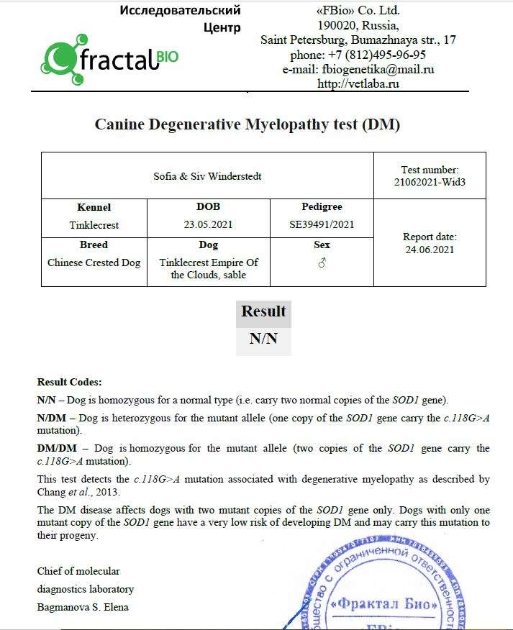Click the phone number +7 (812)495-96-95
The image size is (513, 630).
pos(358,55)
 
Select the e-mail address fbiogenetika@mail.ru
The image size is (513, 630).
pos(358,69)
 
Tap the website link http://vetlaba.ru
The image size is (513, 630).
pos(358,83)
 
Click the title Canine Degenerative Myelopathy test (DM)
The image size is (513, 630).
pos(248,124)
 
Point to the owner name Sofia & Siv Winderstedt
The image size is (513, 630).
pos(207,175)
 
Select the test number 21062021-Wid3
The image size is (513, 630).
pos(430,182)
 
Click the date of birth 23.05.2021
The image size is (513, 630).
pos(209,224)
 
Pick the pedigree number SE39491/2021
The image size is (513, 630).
pos(322,224)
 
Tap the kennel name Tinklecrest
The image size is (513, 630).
pos(94,224)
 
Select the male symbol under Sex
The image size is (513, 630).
pos(322,263)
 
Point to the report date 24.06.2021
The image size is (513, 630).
pos(430,250)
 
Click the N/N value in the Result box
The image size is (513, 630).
pos(263,338)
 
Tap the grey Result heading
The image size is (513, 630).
pos(263,311)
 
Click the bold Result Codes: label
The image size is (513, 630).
pos(70,382)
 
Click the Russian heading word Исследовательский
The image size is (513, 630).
pos(181,11)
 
